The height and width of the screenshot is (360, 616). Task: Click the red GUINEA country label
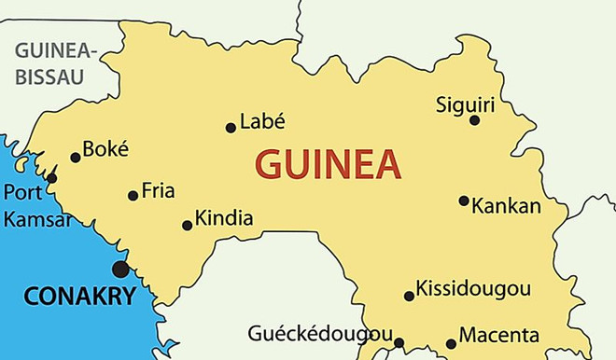tap(329, 165)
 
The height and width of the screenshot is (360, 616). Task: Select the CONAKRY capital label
tap(79, 297)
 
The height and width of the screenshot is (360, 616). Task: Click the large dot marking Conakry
tap(120, 270)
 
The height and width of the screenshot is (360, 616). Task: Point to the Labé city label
tap(262, 121)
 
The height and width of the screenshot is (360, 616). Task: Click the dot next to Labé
tap(231, 128)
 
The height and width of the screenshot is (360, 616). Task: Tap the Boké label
tap(105, 149)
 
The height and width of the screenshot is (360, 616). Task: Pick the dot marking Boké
tap(76, 158)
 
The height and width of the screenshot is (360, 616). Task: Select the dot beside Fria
tap(133, 196)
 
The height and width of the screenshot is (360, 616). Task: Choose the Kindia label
tap(225, 218)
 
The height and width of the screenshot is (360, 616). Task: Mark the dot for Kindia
tap(187, 225)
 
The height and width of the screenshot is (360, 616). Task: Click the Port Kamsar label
tap(36, 205)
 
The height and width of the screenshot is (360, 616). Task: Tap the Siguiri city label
tap(465, 104)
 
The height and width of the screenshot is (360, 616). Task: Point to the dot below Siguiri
tap(474, 120)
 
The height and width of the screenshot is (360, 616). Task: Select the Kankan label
tap(507, 205)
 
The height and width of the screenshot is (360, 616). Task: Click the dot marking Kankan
tap(463, 201)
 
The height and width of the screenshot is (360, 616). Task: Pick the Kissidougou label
tap(473, 288)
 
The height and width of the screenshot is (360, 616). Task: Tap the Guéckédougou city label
tap(320, 333)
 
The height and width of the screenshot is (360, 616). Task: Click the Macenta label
tap(500, 335)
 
